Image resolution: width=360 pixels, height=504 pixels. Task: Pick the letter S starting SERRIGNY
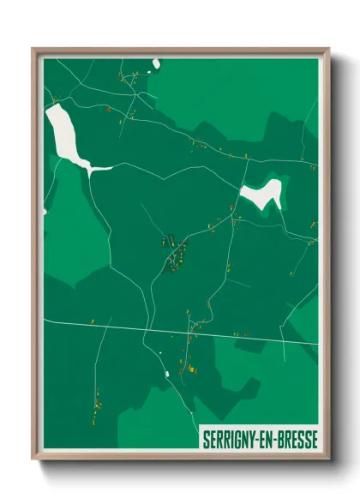coord(206,439)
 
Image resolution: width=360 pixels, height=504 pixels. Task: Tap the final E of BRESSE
coord(314,439)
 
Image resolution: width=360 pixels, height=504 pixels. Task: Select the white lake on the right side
coord(261,194)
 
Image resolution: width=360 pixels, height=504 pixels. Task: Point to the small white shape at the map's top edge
coord(157,63)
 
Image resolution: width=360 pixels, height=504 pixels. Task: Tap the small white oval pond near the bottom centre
coord(166,374)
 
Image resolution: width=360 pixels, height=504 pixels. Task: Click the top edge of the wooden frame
coord(180,51)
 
